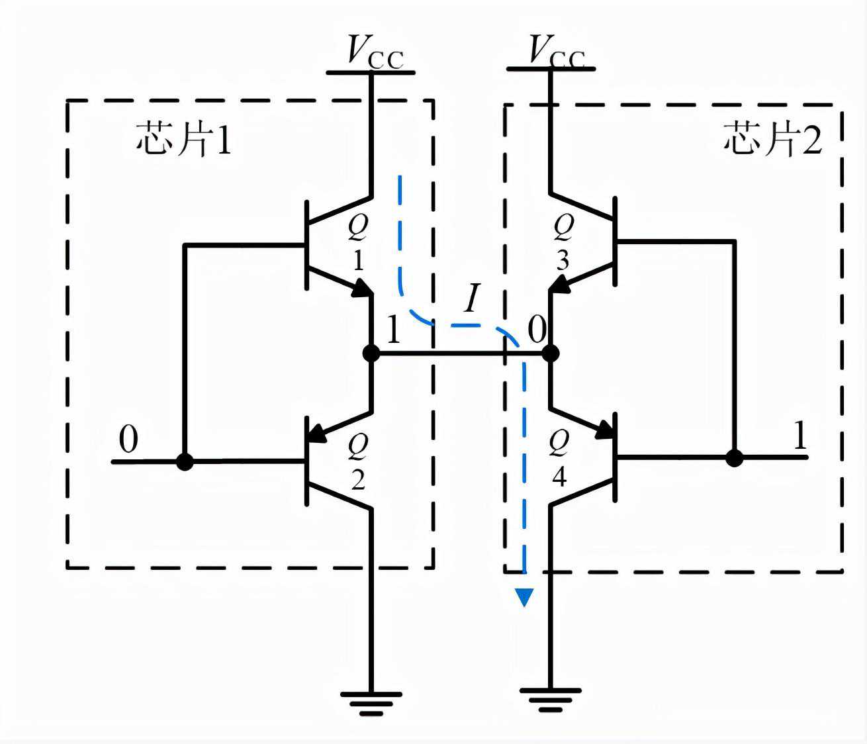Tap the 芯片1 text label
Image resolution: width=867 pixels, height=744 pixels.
pyautogui.click(x=184, y=139)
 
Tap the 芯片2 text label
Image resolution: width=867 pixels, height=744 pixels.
pyautogui.click(x=772, y=139)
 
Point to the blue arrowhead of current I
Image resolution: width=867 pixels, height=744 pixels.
pyautogui.click(x=525, y=597)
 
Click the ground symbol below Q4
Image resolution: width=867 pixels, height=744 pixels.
pyautogui.click(x=550, y=699)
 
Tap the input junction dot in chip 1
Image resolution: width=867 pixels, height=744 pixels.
pyautogui.click(x=185, y=461)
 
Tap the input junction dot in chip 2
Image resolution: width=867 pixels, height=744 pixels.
pyautogui.click(x=734, y=457)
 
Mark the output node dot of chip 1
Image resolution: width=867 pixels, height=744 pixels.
pyautogui.click(x=372, y=353)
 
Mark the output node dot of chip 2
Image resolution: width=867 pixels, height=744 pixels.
pyautogui.click(x=550, y=353)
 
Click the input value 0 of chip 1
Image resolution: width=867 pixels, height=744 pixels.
pyautogui.click(x=128, y=440)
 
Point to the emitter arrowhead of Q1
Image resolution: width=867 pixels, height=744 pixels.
pyautogui.click(x=362, y=289)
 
